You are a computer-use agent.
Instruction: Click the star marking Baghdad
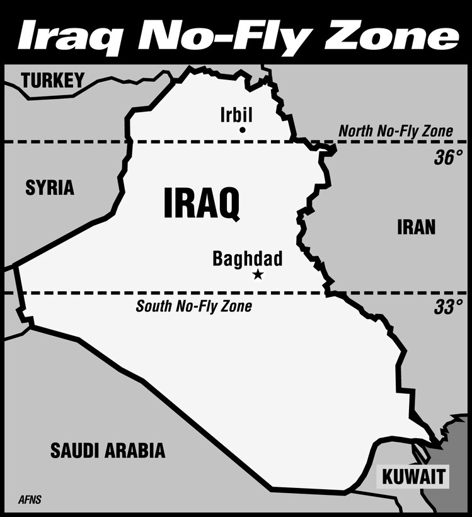pos(257,274)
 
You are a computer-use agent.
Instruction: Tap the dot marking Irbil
pos(242,130)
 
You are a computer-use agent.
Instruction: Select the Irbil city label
pos(236,115)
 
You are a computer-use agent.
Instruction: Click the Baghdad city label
pos(248,258)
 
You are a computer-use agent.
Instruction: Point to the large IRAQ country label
pos(202,204)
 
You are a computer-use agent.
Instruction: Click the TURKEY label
pos(53,80)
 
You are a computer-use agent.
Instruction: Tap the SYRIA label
pos(50,187)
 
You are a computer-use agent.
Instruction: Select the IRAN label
pos(416,227)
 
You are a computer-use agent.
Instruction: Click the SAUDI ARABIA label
pos(108,450)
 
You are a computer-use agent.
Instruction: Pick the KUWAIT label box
pos(414,476)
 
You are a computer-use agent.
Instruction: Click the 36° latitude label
pos(448,158)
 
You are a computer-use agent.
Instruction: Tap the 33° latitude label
pos(448,307)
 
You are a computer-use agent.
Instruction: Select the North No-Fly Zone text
pos(396,131)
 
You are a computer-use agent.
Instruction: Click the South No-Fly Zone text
pos(194,307)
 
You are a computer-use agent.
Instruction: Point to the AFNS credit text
pos(30,501)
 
